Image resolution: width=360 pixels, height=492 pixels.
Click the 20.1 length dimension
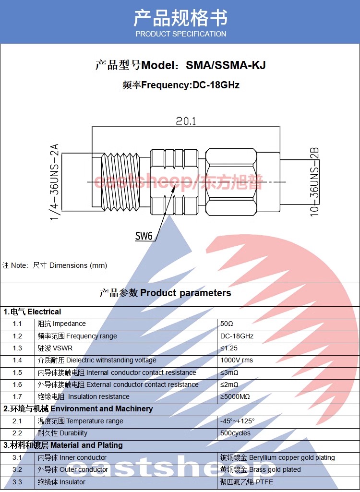186,121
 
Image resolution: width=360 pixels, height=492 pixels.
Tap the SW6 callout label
144,236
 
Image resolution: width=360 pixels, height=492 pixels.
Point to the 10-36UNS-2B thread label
314,182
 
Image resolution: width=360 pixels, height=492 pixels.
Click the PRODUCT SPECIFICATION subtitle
180,34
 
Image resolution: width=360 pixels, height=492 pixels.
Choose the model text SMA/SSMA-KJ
226,65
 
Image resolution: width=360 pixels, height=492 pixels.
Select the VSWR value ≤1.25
229,348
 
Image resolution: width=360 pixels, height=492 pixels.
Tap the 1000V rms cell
237,360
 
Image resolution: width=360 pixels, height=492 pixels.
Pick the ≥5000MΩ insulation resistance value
235,396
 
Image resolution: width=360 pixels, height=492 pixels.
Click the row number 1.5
17,372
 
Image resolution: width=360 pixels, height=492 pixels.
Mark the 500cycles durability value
235,433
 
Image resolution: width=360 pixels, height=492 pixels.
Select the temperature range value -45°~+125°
238,421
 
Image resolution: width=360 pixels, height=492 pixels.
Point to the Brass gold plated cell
260,469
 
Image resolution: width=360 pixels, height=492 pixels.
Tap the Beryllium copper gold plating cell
277,457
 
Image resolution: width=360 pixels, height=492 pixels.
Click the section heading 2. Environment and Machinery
78,409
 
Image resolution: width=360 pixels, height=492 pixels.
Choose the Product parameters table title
165,293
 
